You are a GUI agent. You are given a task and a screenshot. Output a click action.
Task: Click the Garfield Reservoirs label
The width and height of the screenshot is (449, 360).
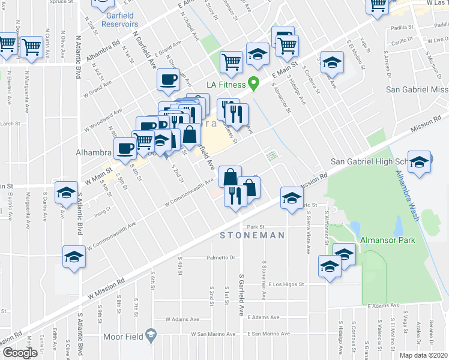click(120, 20)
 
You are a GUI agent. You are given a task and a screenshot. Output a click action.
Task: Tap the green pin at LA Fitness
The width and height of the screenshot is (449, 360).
click(254, 84)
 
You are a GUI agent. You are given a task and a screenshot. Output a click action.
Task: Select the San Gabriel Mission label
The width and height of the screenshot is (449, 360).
click(417, 89)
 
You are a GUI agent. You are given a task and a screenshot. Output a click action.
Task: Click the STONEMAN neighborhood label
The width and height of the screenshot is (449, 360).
click(252, 235)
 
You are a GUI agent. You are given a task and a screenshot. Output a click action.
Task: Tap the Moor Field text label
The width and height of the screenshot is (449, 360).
click(123, 337)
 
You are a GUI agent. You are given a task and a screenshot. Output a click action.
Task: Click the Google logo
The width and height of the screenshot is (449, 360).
click(20, 353)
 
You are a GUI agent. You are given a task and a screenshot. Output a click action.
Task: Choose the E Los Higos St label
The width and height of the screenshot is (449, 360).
click(287, 284)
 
